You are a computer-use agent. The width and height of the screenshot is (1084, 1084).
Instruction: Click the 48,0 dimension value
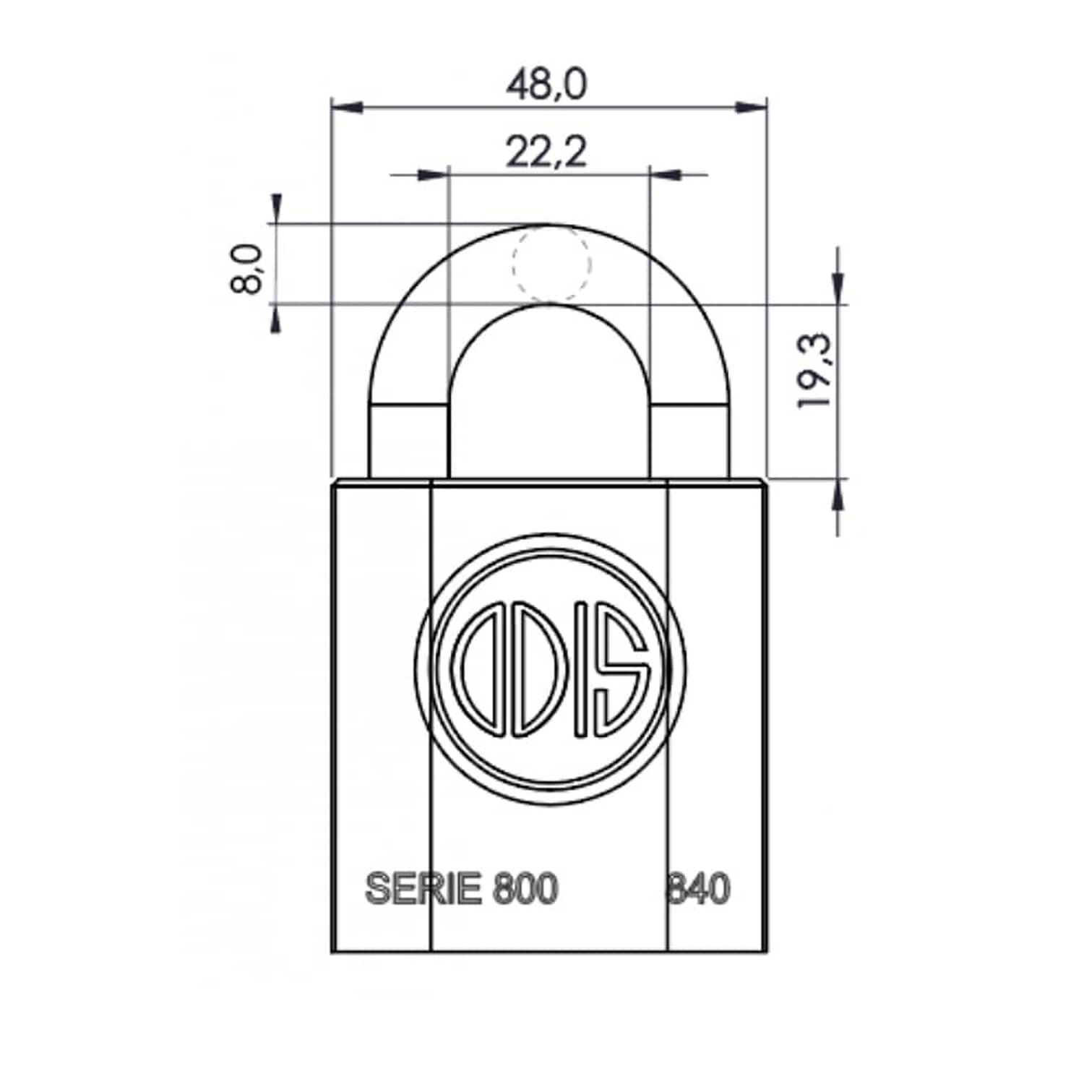(x=546, y=85)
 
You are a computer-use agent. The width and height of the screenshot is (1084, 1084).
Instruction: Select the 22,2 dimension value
(x=546, y=152)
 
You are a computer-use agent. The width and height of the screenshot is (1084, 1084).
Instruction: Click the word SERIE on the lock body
(x=423, y=888)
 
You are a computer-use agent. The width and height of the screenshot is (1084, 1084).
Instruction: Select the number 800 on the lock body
(x=525, y=888)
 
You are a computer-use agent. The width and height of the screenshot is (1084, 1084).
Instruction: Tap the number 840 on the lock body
(x=698, y=888)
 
